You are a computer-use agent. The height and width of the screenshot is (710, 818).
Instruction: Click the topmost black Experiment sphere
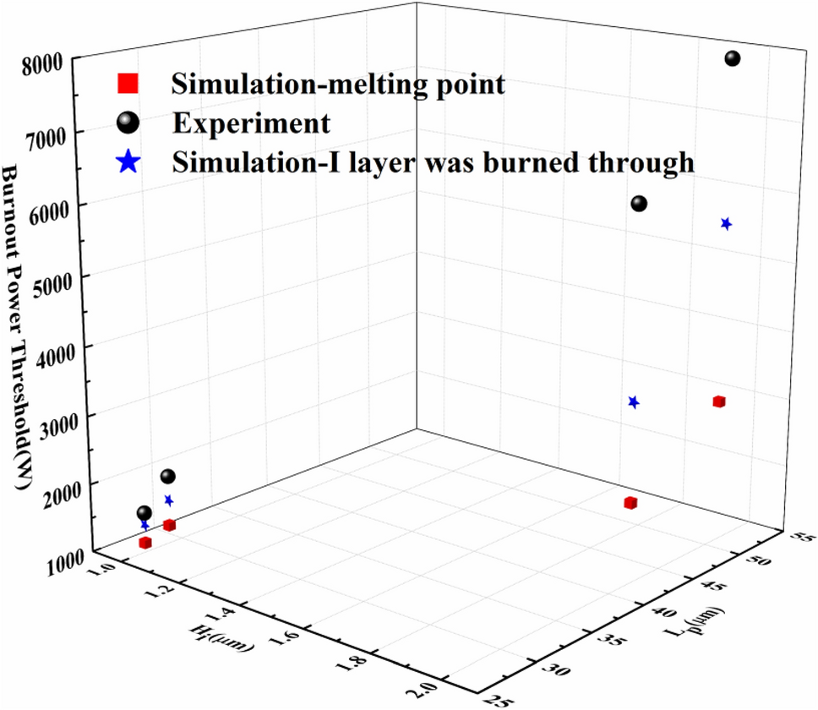[732, 58]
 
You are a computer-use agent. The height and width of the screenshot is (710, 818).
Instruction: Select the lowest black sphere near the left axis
[145, 513]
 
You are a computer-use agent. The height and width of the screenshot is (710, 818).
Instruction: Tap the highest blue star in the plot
[726, 224]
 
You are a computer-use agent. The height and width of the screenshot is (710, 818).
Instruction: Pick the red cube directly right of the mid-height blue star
[719, 401]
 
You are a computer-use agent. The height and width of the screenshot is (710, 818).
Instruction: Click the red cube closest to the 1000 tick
[145, 543]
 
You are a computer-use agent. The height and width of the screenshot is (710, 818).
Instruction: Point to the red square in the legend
[126, 84]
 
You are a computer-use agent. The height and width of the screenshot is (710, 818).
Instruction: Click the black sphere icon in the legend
[126, 123]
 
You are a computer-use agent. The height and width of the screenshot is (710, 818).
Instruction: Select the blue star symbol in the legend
[126, 161]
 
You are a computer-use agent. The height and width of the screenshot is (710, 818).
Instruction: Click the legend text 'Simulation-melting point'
[338, 84]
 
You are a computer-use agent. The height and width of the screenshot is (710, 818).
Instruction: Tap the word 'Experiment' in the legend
[251, 123]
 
